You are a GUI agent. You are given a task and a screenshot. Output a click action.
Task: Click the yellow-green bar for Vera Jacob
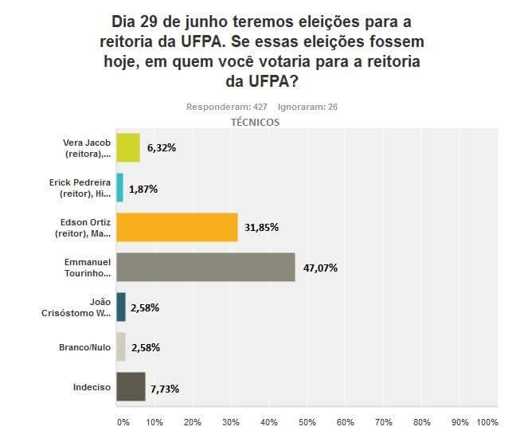coord(127,147)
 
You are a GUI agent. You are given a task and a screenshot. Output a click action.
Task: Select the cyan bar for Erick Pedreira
coord(119,188)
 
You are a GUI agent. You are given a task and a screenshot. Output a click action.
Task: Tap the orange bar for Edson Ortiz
coord(177,227)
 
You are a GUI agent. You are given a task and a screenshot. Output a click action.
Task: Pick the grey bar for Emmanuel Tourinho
coord(205,267)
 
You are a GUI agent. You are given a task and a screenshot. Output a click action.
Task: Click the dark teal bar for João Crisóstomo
coord(121,307)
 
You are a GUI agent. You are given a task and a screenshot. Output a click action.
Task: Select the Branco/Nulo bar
coord(121,347)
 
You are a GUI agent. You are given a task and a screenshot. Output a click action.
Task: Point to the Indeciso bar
coord(131,387)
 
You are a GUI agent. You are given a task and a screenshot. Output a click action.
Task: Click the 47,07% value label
coord(320,268)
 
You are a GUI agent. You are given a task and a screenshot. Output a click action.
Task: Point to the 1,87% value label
coord(143,189)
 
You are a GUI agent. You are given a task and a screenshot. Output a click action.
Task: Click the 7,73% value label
coord(163,389)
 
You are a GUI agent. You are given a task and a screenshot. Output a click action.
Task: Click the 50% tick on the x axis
coord(307,421)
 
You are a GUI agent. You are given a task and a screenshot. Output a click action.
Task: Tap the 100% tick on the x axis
coord(487,421)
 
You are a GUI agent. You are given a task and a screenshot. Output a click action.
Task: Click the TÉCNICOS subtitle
coord(255,122)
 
